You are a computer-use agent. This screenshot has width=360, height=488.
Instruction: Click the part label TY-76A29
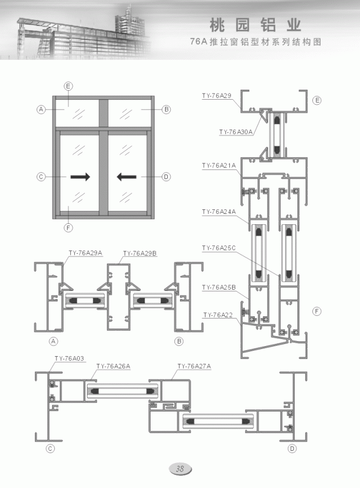point(217,95)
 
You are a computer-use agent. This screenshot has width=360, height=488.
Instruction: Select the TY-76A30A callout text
point(236,132)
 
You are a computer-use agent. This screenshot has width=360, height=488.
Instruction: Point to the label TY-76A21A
point(219,165)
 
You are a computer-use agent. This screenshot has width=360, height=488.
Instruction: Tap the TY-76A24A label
point(219,212)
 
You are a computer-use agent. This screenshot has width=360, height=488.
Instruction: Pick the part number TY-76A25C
point(219,248)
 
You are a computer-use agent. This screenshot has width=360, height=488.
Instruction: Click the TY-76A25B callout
point(219,287)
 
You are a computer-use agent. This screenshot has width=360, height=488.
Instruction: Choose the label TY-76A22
point(218,315)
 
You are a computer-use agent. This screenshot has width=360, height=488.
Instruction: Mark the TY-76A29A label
point(85,253)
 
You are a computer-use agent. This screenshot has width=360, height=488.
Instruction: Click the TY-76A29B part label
point(140,253)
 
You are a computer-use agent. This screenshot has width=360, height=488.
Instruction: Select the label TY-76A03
point(69,358)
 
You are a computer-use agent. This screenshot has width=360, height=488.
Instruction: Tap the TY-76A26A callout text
point(113,366)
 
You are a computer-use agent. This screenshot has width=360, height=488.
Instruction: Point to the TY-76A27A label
point(194,366)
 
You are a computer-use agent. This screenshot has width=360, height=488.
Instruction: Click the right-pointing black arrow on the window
point(80,177)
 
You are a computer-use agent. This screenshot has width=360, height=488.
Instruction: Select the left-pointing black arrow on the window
point(126,177)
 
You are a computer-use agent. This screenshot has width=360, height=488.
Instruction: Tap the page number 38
point(180,469)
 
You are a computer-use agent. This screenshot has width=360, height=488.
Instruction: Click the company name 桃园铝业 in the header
point(256,25)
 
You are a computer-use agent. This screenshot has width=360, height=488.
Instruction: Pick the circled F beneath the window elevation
point(69,228)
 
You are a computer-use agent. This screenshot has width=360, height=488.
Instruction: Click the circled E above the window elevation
point(68,86)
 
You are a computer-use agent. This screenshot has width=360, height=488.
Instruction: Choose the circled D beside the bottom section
point(292,449)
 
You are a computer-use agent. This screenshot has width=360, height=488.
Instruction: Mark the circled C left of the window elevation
point(41,177)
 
